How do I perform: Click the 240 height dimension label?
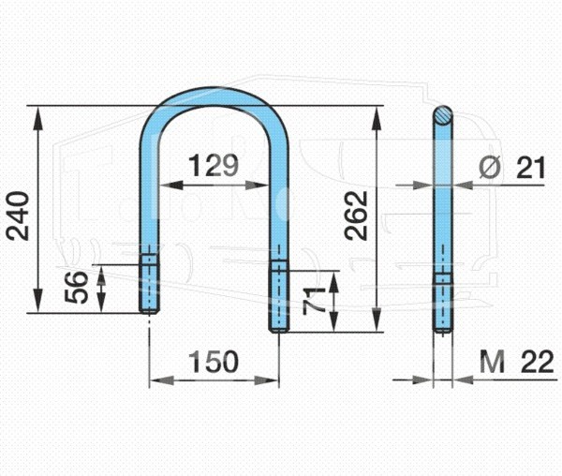18,216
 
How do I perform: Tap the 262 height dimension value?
356,216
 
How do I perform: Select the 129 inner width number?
214,166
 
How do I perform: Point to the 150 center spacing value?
214,362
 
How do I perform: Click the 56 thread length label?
77,287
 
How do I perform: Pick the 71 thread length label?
315,301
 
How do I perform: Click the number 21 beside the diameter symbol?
530,168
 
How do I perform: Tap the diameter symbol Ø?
490,167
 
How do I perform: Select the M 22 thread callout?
516,362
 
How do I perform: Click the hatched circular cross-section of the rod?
443,115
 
